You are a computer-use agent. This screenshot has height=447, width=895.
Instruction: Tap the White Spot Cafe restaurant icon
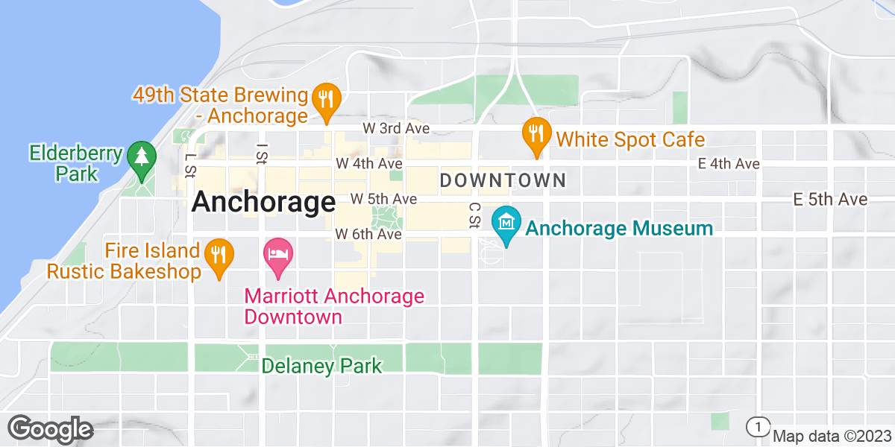click(536, 134)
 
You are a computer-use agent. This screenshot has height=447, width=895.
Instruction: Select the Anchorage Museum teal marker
click(506, 223)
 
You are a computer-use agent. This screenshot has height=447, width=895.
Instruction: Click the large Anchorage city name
click(263, 202)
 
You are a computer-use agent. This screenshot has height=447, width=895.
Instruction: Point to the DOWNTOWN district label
click(503, 180)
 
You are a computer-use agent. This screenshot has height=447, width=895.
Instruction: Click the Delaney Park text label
click(322, 366)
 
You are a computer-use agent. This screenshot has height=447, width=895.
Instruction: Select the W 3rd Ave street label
click(396, 128)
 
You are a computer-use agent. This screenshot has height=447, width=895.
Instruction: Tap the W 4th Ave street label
click(369, 163)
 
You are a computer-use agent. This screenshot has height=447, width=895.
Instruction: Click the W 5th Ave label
click(383, 200)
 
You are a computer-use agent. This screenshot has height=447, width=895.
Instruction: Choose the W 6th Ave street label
click(368, 234)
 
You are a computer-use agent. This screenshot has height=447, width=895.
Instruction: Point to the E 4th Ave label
click(729, 164)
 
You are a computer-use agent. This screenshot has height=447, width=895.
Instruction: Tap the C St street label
click(473, 216)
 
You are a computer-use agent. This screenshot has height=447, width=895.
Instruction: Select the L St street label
click(189, 165)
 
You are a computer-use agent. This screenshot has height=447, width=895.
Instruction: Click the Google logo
click(50, 429)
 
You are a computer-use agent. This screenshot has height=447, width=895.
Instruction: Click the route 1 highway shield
click(758, 426)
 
